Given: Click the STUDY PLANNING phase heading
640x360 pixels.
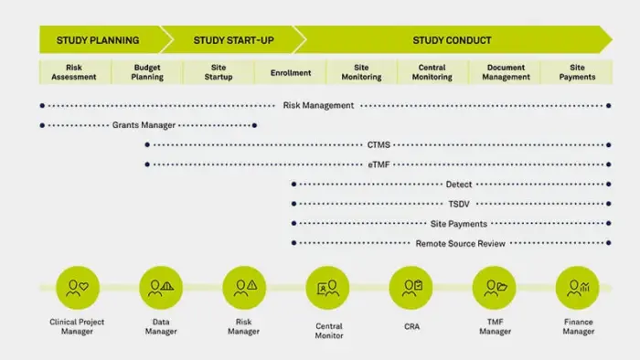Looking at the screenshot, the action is tap(98, 40).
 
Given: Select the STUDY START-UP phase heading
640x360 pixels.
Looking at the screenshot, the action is tap(233, 40).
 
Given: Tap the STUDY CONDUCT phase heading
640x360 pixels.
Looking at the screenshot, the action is tap(452, 40).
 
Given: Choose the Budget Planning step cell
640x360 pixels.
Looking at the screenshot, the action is tap(147, 72).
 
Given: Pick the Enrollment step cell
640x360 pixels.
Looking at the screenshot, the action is tap(291, 72).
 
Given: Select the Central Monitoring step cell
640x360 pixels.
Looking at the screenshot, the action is tap(432, 72).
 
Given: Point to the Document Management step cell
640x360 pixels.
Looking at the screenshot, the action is tap(506, 72).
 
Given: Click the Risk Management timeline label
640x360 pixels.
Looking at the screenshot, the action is tap(318, 106).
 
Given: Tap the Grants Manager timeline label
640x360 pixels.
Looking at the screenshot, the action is tap(144, 125).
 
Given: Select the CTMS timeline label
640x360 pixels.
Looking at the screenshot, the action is tap(379, 144).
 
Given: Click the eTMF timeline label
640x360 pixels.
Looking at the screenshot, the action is tap(379, 164).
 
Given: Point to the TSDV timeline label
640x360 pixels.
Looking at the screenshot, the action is tap(459, 204).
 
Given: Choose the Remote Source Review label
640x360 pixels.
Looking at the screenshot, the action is tap(461, 243).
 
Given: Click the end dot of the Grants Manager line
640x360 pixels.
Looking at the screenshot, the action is tap(255, 125).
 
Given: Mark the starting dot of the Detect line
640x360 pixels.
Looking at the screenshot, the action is tap(293, 185).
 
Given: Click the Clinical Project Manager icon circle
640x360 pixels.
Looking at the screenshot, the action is tap(78, 288).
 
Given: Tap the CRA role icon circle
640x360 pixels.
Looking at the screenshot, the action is tap(411, 288).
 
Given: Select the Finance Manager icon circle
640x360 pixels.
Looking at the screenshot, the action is tap(577, 288).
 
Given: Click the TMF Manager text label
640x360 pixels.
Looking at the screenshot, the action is tap(495, 326).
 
